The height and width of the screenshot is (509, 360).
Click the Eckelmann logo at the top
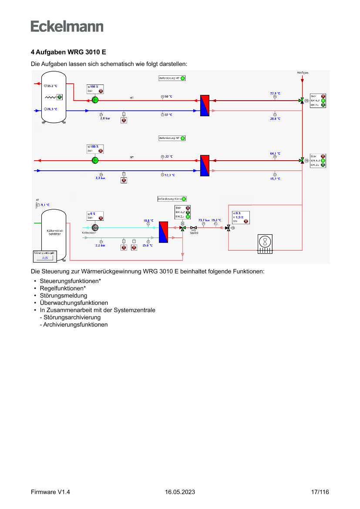tap(67, 26)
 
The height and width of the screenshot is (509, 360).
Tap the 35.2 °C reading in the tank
tap(52, 86)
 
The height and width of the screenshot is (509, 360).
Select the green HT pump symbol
tap(95, 100)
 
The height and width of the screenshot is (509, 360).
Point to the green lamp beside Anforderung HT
tap(183, 78)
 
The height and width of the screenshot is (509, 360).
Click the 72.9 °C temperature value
tap(275, 93)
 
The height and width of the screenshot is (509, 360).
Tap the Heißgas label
tap(303, 73)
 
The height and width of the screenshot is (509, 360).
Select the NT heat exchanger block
tap(205, 165)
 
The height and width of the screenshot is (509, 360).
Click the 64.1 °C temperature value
tap(275, 153)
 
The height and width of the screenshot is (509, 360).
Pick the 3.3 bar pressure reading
tap(101, 178)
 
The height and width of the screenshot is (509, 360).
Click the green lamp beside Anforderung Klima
tap(184, 199)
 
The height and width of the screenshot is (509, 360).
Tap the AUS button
tap(45, 258)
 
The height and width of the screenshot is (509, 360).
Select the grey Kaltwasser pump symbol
tap(95, 227)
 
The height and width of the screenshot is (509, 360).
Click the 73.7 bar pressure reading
tap(204, 220)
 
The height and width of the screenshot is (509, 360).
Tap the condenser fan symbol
tap(265, 242)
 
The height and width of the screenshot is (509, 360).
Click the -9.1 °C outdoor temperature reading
tap(45, 205)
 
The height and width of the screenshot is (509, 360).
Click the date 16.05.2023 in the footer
tap(180, 492)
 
